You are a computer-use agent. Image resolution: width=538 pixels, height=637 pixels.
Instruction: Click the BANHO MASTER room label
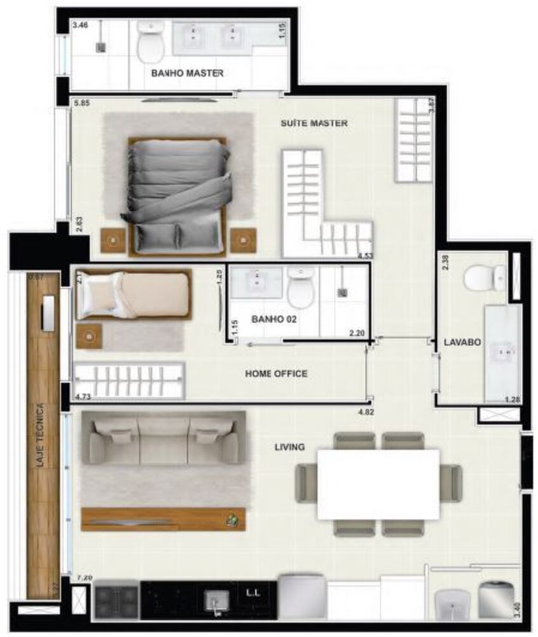coord(187,73)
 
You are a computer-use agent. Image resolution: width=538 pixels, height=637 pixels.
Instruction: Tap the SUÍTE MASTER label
coord(314,123)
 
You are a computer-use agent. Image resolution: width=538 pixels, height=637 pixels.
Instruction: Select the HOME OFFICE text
coord(276,374)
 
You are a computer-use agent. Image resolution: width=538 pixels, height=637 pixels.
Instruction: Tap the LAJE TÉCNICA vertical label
coord(40,436)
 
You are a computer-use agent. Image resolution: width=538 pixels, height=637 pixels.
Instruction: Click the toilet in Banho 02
coord(301,287)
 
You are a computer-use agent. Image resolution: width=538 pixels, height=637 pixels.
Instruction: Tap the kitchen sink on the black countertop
coord(216,600)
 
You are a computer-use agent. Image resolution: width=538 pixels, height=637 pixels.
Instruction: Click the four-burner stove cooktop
coord(116,599)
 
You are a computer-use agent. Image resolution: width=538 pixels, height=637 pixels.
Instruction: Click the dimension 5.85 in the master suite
coord(81,102)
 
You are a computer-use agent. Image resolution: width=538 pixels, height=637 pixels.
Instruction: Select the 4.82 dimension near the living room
coord(367,412)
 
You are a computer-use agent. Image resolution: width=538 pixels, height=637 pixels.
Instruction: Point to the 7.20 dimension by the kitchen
coord(84,577)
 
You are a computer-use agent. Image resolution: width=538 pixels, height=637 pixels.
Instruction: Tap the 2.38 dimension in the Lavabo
coord(446,262)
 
